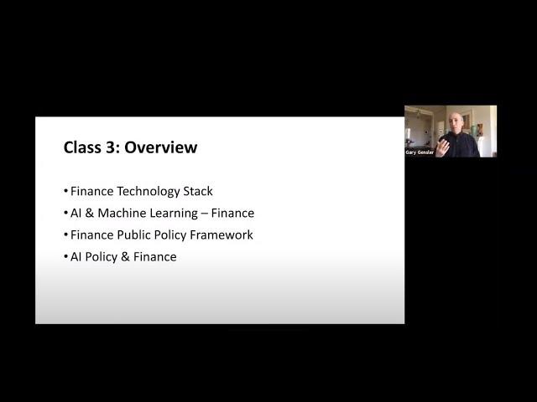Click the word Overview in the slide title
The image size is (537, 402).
pyautogui.click(x=160, y=147)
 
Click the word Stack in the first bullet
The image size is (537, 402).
pyautogui.click(x=198, y=191)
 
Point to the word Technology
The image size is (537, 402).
pyautogui.click(x=148, y=192)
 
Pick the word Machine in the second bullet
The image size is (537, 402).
pyautogui.click(x=122, y=213)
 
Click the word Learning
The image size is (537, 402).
pyautogui.click(x=174, y=214)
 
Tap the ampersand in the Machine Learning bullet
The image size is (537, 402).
pyautogui.click(x=90, y=213)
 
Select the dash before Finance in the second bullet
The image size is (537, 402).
pyautogui.click(x=205, y=214)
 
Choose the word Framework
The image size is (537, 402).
pyautogui.click(x=222, y=234)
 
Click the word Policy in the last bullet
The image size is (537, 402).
pyautogui.click(x=101, y=257)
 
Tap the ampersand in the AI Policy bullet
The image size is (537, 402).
pyautogui.click(x=125, y=257)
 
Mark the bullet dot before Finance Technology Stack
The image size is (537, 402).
pyautogui.click(x=65, y=191)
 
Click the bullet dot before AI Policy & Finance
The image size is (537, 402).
pyautogui.click(x=65, y=256)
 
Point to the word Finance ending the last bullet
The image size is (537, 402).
pyautogui.click(x=154, y=257)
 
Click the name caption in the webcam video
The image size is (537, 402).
pyautogui.click(x=420, y=152)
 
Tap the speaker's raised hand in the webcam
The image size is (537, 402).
pyautogui.click(x=442, y=147)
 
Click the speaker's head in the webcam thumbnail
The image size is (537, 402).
pyautogui.click(x=456, y=123)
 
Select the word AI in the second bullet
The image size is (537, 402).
pyautogui.click(x=76, y=213)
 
